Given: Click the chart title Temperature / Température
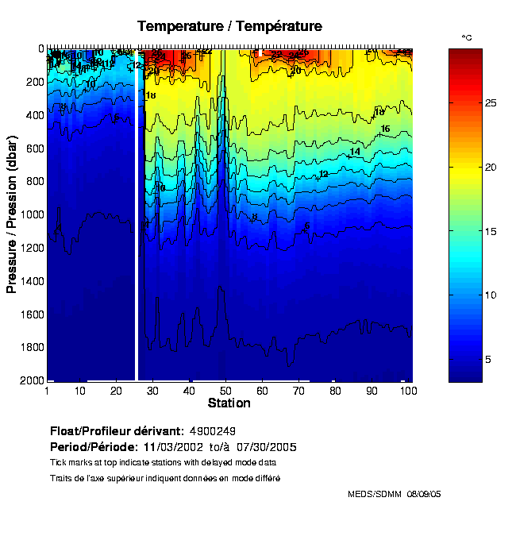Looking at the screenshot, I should coord(229,26).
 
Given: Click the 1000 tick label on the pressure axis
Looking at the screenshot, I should coord(30,214).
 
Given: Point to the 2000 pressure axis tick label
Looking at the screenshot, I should coord(30,381).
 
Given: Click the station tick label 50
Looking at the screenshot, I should coord(226,391).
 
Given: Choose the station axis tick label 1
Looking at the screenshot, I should coord(48,391).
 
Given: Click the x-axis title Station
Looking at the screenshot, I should coord(229,403).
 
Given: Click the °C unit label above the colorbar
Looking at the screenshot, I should coord(467,38).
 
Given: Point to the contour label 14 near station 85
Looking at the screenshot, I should coord(355,151).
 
